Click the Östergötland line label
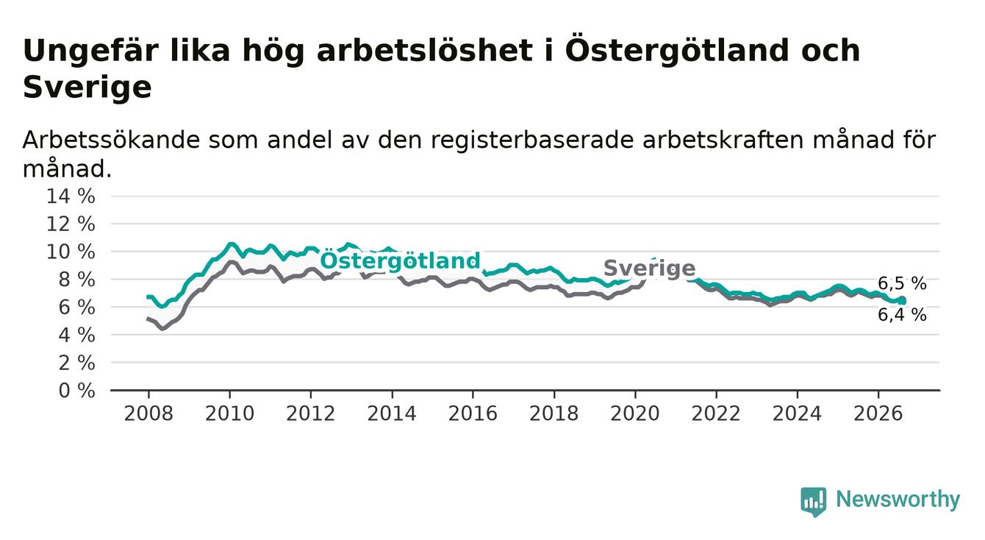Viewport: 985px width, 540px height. point(400,261)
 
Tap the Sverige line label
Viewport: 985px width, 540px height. point(649,268)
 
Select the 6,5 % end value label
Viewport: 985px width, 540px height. point(902,283)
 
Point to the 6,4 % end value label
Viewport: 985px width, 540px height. point(902,315)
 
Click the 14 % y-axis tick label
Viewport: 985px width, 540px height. point(71,196)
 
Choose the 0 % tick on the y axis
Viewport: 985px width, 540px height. point(77,391)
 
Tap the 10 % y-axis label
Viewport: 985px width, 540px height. point(71,252)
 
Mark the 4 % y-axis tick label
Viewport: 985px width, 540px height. point(77,335)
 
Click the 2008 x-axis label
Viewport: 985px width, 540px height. point(148,413)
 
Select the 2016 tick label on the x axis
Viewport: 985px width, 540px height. point(473,413)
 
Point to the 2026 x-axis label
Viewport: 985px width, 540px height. point(878,413)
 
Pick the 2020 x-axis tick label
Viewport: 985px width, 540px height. point(635,413)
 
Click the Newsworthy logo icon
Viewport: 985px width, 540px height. point(814,502)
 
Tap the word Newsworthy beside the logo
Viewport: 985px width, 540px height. point(898,500)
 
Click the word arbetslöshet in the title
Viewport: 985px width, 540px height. point(425,50)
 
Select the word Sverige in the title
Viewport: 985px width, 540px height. point(87,87)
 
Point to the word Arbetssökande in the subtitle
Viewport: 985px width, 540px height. point(111,140)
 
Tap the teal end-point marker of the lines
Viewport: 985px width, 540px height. point(902,301)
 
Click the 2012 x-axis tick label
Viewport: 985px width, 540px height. point(310,413)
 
